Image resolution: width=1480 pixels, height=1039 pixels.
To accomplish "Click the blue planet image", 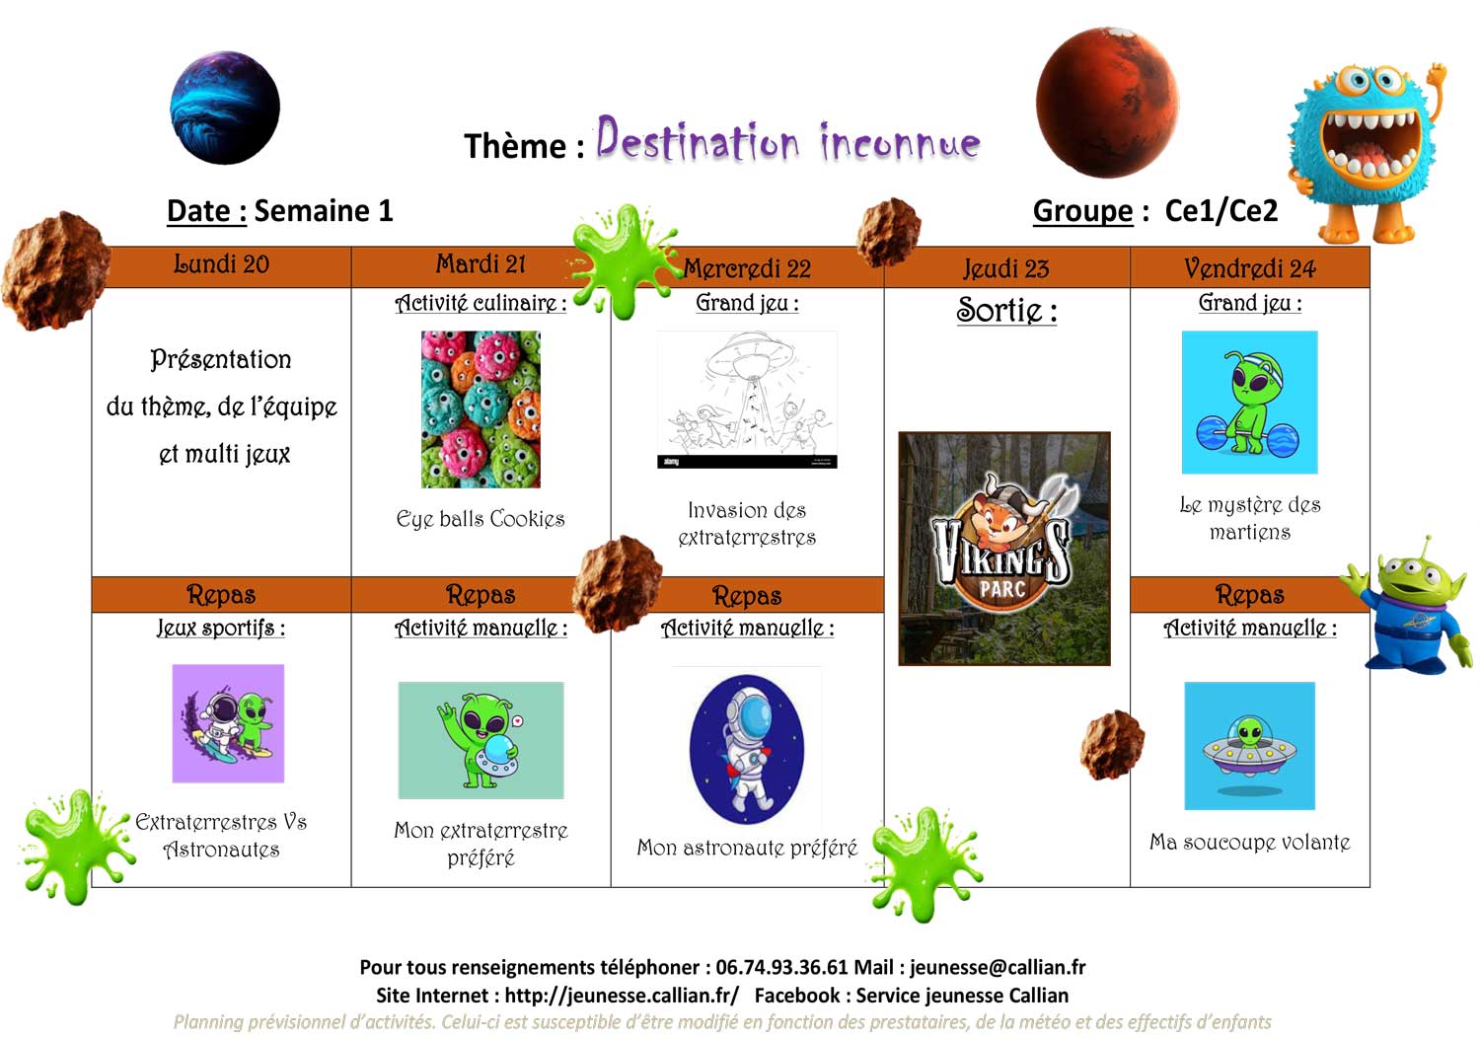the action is tap(225, 108).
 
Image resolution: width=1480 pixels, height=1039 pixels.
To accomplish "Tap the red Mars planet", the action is tap(1107, 103).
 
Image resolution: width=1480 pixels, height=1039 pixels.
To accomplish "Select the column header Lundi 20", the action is tap(221, 264).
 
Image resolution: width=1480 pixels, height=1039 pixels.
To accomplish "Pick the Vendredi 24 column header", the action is tap(1249, 268).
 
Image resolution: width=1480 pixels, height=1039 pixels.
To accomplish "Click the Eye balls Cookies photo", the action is tap(481, 409).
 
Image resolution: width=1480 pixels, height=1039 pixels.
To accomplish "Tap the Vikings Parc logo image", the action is tap(1004, 549).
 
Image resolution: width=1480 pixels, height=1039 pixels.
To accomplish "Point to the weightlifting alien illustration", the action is tap(1249, 402).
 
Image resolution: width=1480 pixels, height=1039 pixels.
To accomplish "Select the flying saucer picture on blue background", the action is tap(1249, 746).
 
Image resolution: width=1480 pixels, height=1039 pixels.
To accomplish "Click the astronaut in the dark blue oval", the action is tap(747, 749).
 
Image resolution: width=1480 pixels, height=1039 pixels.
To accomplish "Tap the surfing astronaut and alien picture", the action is tap(228, 723).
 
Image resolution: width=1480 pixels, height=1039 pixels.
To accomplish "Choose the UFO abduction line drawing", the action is tap(747, 400).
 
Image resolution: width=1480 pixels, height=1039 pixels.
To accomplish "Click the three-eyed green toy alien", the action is tap(1411, 607).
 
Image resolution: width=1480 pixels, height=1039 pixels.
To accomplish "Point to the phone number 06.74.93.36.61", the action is tap(781, 967).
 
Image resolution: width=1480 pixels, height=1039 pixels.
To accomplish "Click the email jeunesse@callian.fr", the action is tap(998, 968).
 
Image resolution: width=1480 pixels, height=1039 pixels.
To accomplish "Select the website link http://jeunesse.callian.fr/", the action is tap(622, 996).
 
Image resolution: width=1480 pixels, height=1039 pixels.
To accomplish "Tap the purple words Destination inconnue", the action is tap(788, 139).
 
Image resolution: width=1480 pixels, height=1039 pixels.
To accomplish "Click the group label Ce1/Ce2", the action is tap(1221, 211).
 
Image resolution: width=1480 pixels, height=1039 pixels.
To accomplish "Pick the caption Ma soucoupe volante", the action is tap(1249, 842).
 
